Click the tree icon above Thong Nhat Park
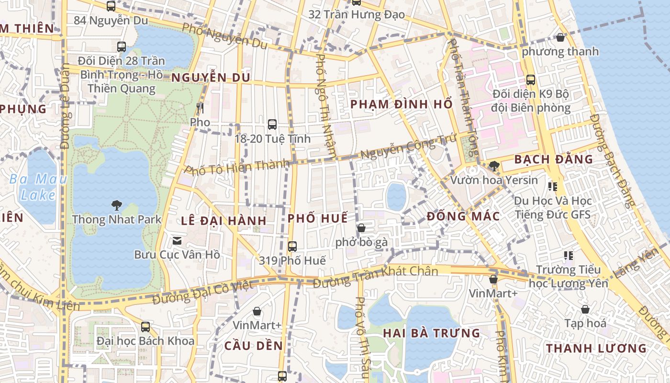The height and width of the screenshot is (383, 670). [x=116, y=205]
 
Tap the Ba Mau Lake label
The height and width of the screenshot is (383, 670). [x=38, y=187]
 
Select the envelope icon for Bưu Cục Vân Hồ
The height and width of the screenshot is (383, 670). [x=177, y=240]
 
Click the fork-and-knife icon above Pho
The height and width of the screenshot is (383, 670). [x=200, y=108]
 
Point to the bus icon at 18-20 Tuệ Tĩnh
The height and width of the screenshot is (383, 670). [x=272, y=124]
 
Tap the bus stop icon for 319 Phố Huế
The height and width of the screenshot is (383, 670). [x=292, y=247]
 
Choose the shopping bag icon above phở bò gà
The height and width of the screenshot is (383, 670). [x=361, y=228]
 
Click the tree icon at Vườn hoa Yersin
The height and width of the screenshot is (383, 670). [x=494, y=166]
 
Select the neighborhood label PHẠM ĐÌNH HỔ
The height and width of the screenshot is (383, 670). [x=401, y=104]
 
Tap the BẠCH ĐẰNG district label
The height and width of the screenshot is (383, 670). [x=553, y=159]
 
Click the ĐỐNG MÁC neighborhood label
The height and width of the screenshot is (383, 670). [x=463, y=216]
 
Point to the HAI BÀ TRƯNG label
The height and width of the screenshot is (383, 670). [x=431, y=333]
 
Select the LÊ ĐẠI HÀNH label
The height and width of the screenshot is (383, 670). [x=224, y=221]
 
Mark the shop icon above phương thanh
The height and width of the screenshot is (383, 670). [x=560, y=37]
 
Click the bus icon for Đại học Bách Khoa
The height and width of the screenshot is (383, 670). [x=145, y=327]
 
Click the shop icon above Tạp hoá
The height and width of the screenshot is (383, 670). [x=585, y=309]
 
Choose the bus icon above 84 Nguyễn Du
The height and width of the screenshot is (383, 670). [x=111, y=6]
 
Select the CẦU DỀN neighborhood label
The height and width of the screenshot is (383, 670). [x=254, y=346]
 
